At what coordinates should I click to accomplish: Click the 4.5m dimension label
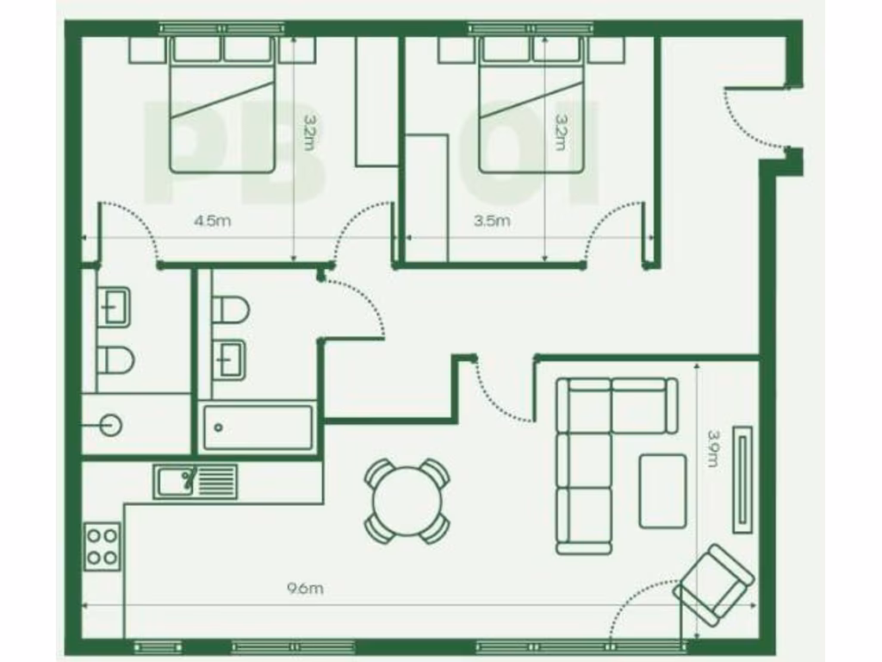(212, 221)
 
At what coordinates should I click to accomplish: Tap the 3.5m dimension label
(492, 221)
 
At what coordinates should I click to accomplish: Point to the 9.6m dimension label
(304, 589)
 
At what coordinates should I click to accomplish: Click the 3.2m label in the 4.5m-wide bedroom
(308, 134)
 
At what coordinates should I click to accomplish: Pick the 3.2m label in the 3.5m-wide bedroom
(561, 134)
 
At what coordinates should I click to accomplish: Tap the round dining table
(407, 500)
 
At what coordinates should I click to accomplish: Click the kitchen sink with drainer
(196, 481)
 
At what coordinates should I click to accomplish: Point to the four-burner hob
(102, 546)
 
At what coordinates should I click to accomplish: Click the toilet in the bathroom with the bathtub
(231, 309)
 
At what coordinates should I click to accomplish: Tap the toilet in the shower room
(115, 359)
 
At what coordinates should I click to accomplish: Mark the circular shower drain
(110, 424)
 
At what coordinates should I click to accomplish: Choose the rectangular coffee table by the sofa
(662, 490)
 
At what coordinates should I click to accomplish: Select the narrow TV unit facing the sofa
(742, 479)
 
